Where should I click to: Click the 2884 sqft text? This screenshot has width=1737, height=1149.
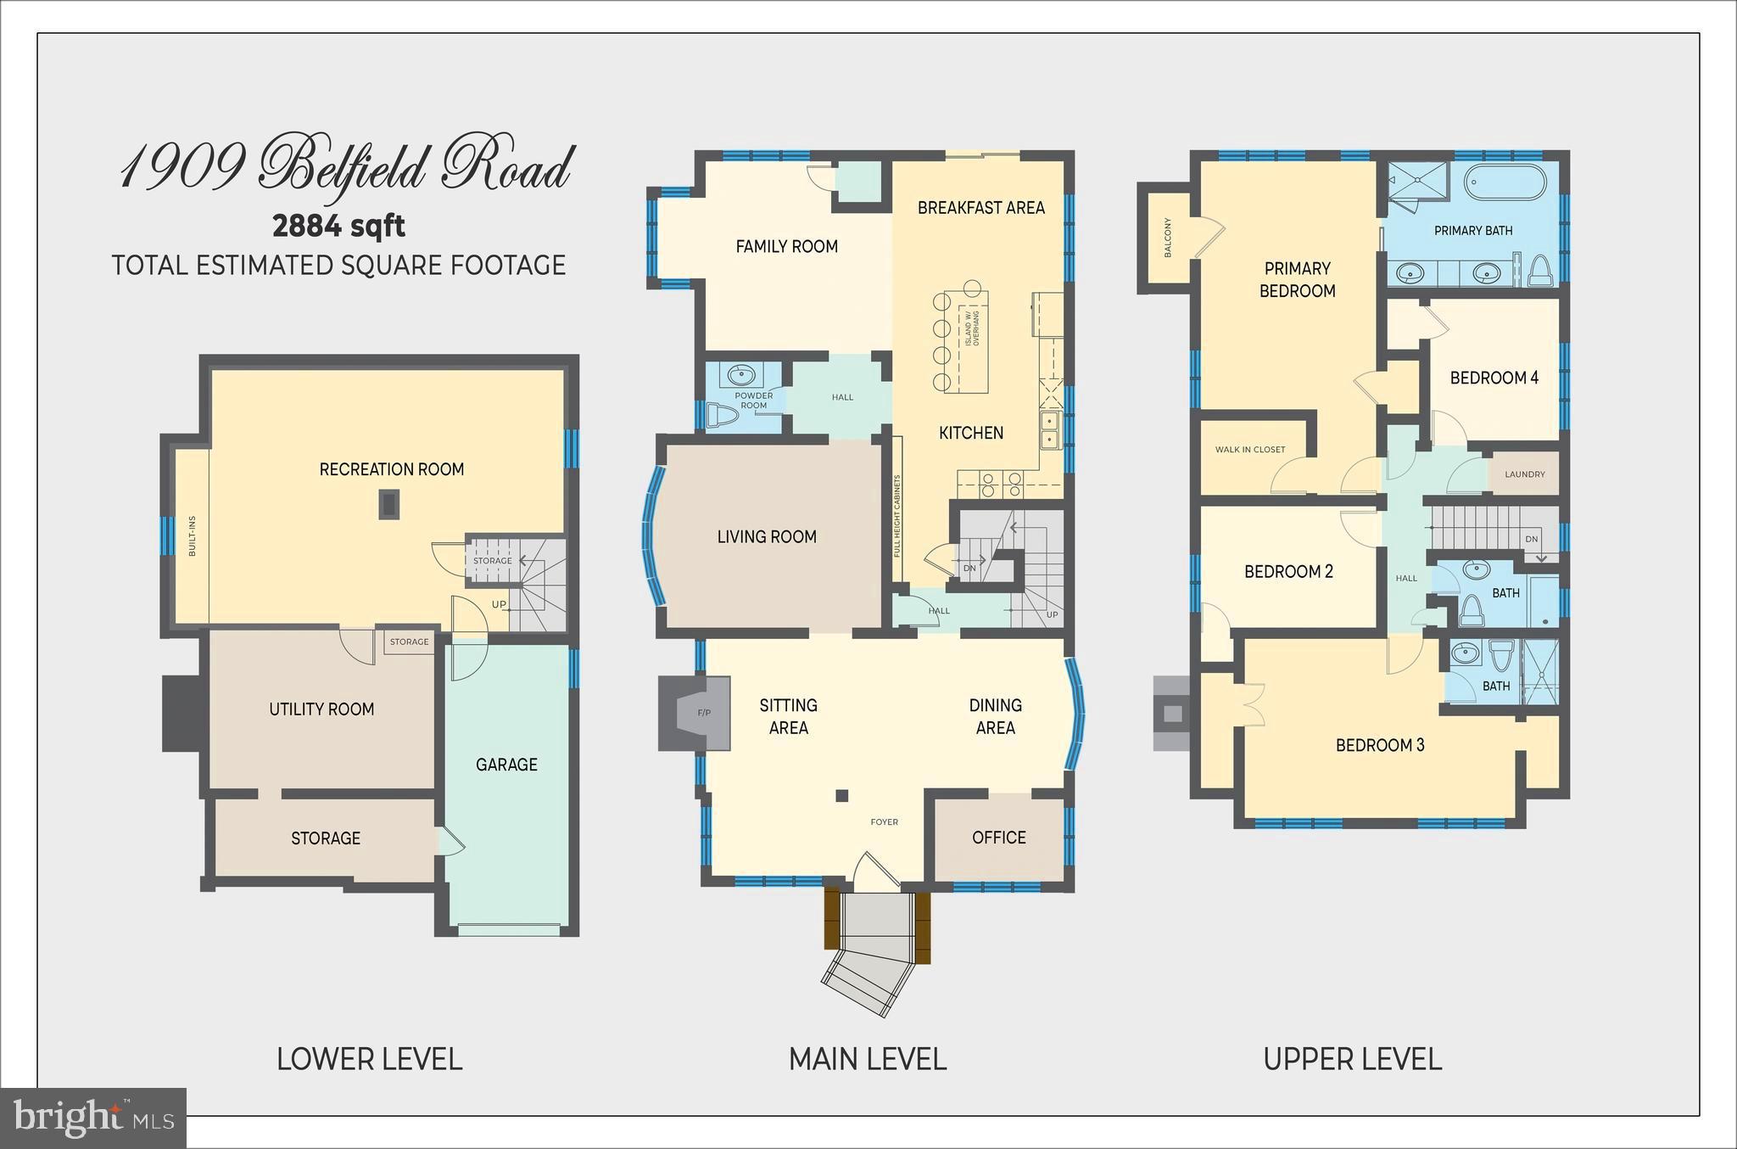pos(338,226)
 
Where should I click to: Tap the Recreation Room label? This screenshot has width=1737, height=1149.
pos(391,469)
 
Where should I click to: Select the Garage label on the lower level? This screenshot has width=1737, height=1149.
pos(506,765)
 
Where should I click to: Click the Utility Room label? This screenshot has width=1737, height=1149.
pos(321,709)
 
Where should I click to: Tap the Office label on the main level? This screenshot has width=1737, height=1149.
pos(998,838)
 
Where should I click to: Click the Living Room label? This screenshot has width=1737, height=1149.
pos(767,536)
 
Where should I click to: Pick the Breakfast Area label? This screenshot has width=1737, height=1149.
pos(980,208)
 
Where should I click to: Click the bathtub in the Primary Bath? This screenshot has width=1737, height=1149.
pos(1505,182)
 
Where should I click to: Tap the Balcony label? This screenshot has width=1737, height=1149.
pos(1168,238)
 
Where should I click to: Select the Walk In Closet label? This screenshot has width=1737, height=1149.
pos(1249,450)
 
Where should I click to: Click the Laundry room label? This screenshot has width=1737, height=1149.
pos(1524,474)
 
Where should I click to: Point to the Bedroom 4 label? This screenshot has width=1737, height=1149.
pos(1494,378)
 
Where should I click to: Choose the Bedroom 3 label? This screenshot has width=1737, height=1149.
pos(1379,745)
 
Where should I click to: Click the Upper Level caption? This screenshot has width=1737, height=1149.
pos(1352,1059)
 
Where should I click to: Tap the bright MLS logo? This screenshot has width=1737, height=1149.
pos(93,1118)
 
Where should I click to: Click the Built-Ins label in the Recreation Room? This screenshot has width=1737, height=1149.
pos(193,536)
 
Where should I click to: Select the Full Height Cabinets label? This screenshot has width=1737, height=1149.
pos(896,516)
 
